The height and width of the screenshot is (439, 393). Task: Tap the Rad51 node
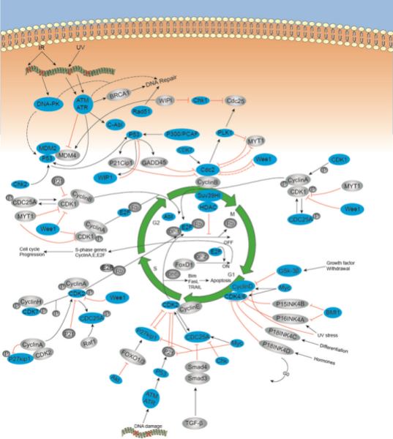[x=142, y=111]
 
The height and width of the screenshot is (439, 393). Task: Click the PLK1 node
[x=225, y=132]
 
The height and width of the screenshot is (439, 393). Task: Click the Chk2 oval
[x=21, y=182]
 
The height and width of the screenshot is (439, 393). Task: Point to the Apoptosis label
[x=208, y=279]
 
